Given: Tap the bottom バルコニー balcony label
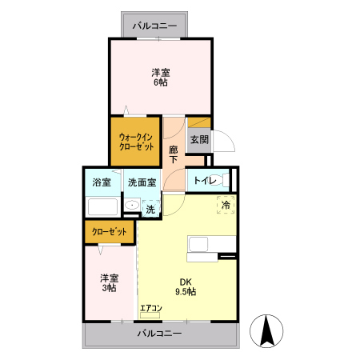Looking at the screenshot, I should click(159, 333).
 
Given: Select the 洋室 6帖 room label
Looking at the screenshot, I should click(160, 76).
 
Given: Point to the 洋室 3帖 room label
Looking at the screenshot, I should click(110, 283).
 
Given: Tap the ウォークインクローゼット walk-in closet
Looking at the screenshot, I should click(136, 142).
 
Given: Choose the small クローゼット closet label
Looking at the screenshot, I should click(110, 232).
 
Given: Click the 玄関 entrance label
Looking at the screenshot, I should click(199, 139).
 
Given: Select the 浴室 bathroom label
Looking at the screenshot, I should click(101, 182).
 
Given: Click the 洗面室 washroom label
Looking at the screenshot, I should click(141, 182).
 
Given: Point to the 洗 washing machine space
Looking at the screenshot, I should click(150, 210).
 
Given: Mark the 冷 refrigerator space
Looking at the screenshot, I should click(226, 205).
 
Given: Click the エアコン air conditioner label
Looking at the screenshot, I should click(151, 308).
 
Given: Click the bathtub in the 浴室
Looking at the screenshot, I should click(102, 208).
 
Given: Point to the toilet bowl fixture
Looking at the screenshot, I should click(226, 179).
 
